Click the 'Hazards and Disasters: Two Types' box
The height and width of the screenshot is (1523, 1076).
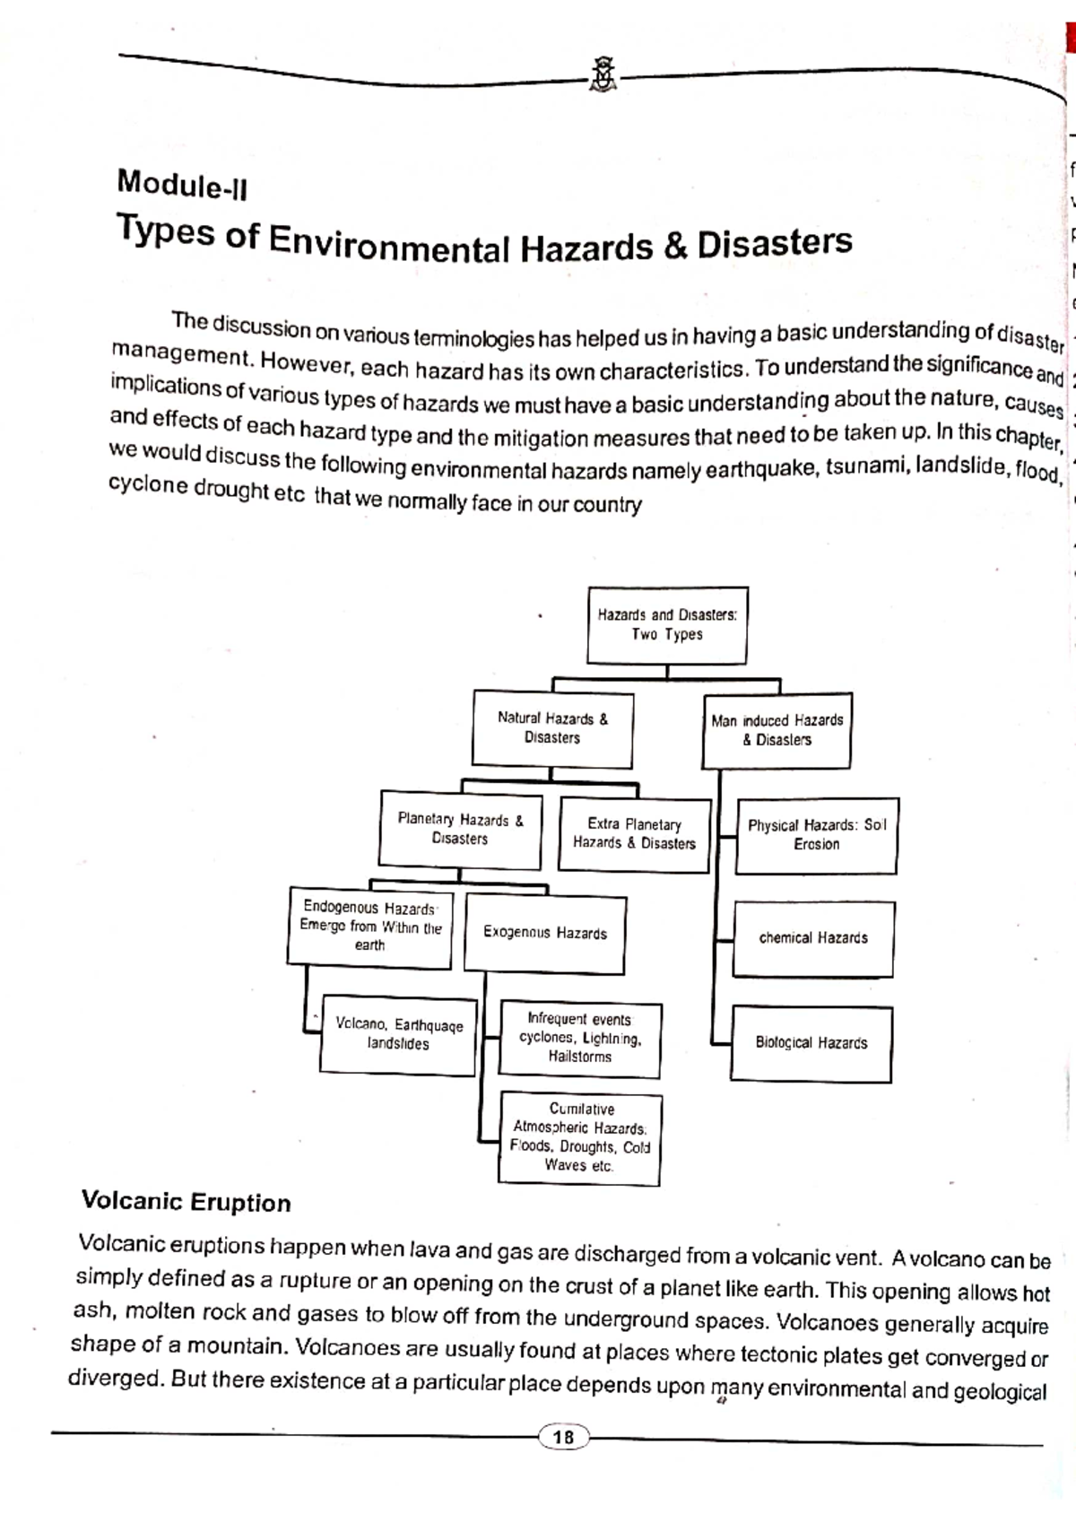coord(667,625)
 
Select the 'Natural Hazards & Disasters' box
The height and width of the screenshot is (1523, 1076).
coord(552,728)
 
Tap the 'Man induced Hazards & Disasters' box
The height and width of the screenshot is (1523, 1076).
coord(777,730)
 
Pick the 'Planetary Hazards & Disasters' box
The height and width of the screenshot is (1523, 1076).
coord(460,830)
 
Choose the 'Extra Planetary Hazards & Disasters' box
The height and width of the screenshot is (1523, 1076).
coord(634,834)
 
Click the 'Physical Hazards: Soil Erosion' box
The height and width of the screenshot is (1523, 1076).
coord(816,835)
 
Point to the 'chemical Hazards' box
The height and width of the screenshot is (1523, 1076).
coord(813,938)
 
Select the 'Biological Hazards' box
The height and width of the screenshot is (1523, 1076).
coord(811,1043)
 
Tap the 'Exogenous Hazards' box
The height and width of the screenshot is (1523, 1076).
coord(545,934)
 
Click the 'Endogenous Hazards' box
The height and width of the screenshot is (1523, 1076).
coord(369,927)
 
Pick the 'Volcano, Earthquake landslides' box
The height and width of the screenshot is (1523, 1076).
coord(398,1034)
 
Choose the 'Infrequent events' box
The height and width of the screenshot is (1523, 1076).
coord(580,1039)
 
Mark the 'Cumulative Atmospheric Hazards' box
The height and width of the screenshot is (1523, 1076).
coord(580,1138)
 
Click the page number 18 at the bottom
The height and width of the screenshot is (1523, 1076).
coord(563,1438)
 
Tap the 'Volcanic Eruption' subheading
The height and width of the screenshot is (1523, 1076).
coord(187,1202)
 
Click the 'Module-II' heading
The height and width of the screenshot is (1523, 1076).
coord(182,185)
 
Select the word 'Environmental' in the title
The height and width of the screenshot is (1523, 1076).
coord(389,245)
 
